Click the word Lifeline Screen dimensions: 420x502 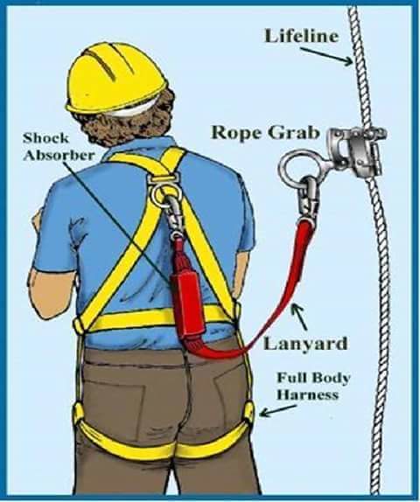(302, 36)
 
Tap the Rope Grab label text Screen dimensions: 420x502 (266, 133)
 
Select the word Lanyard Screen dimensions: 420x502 (305, 344)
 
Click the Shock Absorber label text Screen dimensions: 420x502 (59, 147)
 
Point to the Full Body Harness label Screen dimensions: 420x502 (313, 386)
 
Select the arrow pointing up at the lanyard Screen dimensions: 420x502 (299, 317)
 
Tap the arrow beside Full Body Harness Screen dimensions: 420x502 (277, 411)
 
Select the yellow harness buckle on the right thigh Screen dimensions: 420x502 (249, 412)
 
